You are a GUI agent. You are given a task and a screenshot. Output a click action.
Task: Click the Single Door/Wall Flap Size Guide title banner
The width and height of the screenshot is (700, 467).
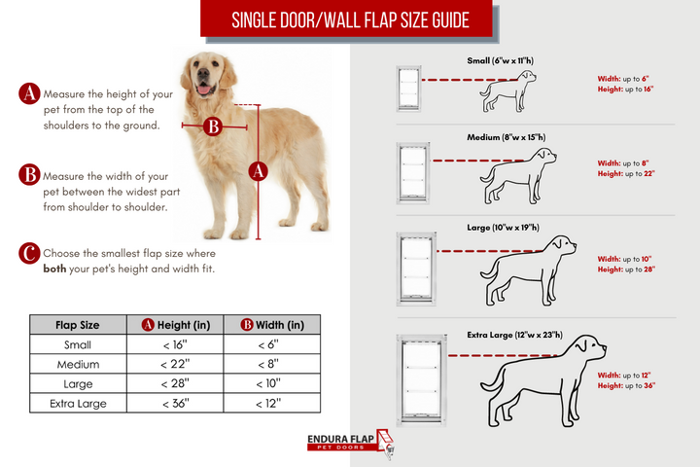coord(350,20)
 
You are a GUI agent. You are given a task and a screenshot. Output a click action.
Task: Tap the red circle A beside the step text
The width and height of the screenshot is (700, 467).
coord(29,94)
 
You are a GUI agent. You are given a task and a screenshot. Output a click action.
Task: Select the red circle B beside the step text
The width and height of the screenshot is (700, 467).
coord(29,174)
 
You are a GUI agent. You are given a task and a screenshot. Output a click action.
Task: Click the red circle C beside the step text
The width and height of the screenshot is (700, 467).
coord(29,254)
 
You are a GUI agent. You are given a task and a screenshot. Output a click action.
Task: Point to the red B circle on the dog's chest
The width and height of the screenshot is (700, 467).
coord(214,126)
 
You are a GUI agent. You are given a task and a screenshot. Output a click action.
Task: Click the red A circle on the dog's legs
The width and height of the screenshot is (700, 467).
coord(259,171)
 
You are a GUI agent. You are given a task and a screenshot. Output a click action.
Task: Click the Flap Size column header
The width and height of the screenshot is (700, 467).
coord(78,325)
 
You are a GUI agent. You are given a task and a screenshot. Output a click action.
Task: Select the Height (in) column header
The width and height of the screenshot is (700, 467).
coord(175,325)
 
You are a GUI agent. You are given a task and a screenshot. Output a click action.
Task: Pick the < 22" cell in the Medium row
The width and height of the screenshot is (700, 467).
coord(175,364)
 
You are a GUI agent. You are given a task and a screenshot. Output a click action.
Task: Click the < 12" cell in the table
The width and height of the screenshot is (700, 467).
coord(269,403)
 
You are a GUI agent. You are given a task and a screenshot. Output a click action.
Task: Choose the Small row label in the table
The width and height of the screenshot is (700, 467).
coord(78,344)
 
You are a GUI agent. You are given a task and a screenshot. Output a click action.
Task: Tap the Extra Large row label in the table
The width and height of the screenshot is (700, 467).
coord(78,403)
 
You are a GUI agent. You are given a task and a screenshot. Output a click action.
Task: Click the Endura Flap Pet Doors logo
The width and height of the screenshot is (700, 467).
coord(350,444)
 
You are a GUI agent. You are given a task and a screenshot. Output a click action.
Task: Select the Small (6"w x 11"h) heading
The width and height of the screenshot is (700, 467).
coord(501,60)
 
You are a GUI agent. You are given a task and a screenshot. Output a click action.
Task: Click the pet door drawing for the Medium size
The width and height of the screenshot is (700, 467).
coord(413,171)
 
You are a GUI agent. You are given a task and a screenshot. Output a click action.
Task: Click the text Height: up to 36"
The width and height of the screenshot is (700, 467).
coord(626,386)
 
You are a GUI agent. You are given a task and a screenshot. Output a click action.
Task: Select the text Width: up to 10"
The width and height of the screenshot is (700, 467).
coord(623,259)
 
